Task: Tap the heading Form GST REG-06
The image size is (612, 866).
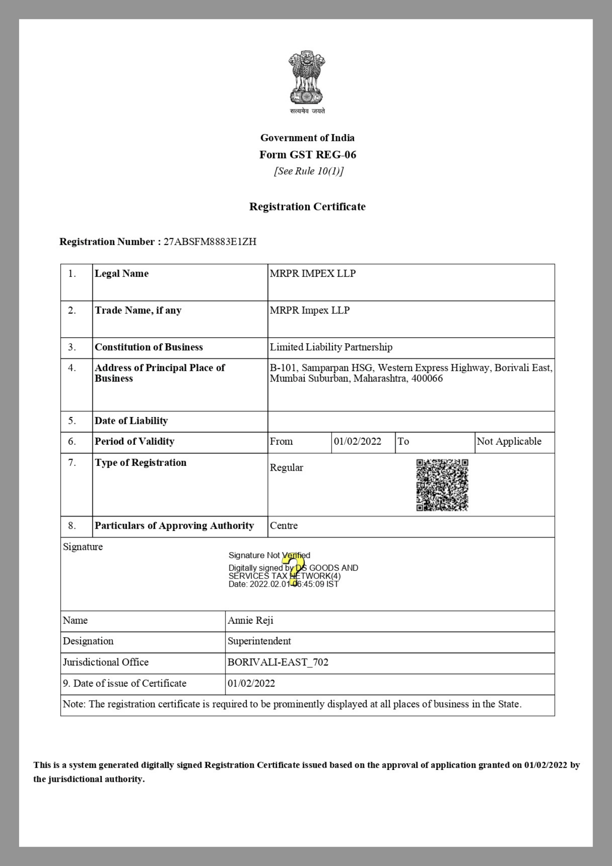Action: click(x=308, y=155)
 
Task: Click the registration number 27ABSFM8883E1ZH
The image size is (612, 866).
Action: click(x=210, y=242)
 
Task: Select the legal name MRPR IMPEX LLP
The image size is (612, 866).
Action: click(x=312, y=274)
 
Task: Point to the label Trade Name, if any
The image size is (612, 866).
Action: click(x=138, y=310)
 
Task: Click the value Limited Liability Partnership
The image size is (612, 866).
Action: click(x=331, y=347)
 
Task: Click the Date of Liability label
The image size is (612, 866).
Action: click(x=131, y=421)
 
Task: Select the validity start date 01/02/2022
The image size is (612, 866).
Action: click(x=358, y=442)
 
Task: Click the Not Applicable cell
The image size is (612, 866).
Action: click(x=509, y=442)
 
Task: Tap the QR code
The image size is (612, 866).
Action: click(x=442, y=485)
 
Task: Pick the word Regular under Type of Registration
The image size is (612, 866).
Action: click(x=287, y=468)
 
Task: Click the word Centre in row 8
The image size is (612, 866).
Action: click(x=284, y=526)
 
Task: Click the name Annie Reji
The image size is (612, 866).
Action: click(x=251, y=620)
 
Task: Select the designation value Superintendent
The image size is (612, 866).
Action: click(x=259, y=641)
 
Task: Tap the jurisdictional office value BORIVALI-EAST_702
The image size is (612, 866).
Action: click(x=278, y=662)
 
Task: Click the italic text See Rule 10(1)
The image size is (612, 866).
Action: click(x=308, y=171)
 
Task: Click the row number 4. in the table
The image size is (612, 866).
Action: click(x=72, y=368)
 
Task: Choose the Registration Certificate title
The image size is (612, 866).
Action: click(x=307, y=207)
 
